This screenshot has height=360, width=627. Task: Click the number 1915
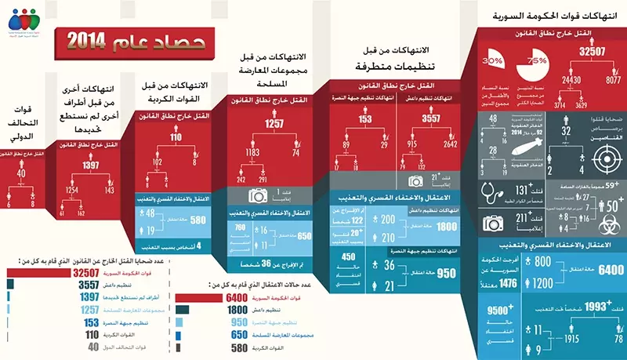point(570,338)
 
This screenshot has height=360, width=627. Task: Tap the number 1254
point(72,191)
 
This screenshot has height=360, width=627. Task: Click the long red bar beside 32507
point(38,273)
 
